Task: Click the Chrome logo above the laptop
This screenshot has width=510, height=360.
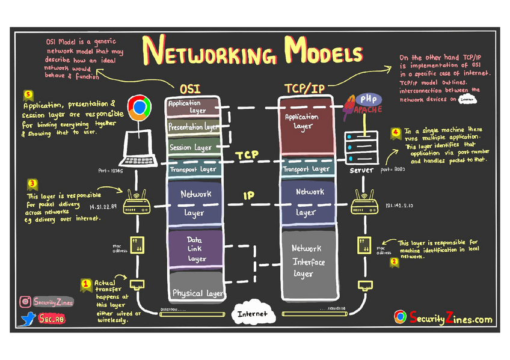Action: click(140, 107)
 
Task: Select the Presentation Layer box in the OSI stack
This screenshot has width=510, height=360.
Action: click(193, 127)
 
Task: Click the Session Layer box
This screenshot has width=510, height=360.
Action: click(192, 147)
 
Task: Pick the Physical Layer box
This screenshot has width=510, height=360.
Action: click(197, 293)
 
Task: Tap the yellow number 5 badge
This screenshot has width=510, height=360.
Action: click(27, 94)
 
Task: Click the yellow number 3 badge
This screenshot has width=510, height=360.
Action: click(32, 183)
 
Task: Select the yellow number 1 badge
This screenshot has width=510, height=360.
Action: click(85, 282)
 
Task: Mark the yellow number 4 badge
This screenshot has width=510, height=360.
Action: click(395, 132)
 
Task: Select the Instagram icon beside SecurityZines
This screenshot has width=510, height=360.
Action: click(25, 302)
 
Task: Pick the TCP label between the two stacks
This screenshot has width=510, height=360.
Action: click(247, 155)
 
